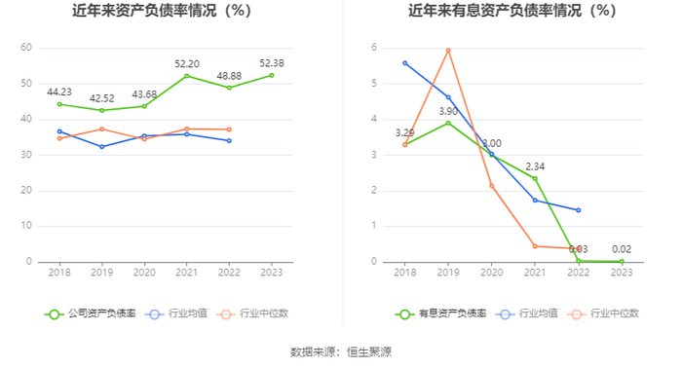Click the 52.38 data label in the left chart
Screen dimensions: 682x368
click(x=272, y=63)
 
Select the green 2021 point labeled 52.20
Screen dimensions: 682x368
click(x=187, y=76)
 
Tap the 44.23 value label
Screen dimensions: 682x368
click(x=59, y=92)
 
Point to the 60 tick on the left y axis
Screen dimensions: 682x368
click(x=26, y=48)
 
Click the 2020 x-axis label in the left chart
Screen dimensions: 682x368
click(x=144, y=273)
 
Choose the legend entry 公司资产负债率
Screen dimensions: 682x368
click(x=91, y=313)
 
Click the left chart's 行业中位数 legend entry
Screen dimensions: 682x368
click(x=255, y=313)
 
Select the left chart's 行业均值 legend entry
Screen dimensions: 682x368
click(x=176, y=313)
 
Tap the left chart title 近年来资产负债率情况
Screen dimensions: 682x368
click(x=144, y=11)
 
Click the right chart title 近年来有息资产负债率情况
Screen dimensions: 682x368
click(x=494, y=11)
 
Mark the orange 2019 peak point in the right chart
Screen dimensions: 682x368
click(x=448, y=51)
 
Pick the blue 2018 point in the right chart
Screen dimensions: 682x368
click(x=405, y=63)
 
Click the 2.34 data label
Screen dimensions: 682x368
click(x=535, y=166)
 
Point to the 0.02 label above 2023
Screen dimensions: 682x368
click(x=622, y=249)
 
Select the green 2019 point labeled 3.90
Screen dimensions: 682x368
click(x=448, y=124)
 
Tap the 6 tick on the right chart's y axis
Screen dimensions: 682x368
click(x=374, y=48)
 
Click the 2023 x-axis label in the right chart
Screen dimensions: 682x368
click(x=622, y=273)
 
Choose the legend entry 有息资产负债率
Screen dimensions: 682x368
click(x=440, y=313)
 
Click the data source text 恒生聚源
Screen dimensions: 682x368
click(x=369, y=351)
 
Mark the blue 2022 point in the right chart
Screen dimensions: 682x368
click(x=579, y=210)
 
